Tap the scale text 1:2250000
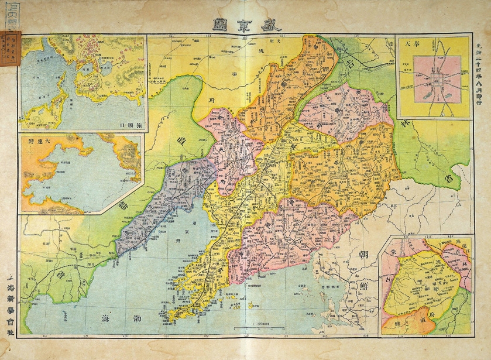tap(256, 323)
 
